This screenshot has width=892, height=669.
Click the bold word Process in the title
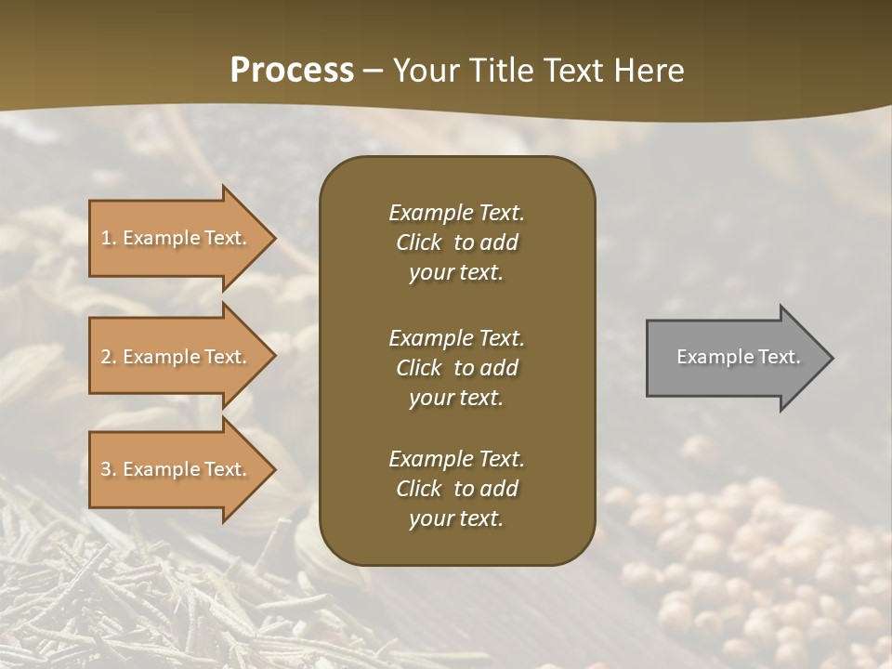click(292, 71)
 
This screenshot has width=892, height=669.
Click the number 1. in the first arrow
click(108, 238)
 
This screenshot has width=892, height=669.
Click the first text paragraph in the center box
click(456, 243)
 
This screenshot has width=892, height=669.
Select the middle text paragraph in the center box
click(456, 367)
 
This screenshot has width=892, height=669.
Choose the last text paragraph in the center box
click(456, 489)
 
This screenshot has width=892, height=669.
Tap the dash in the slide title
click(373, 71)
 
